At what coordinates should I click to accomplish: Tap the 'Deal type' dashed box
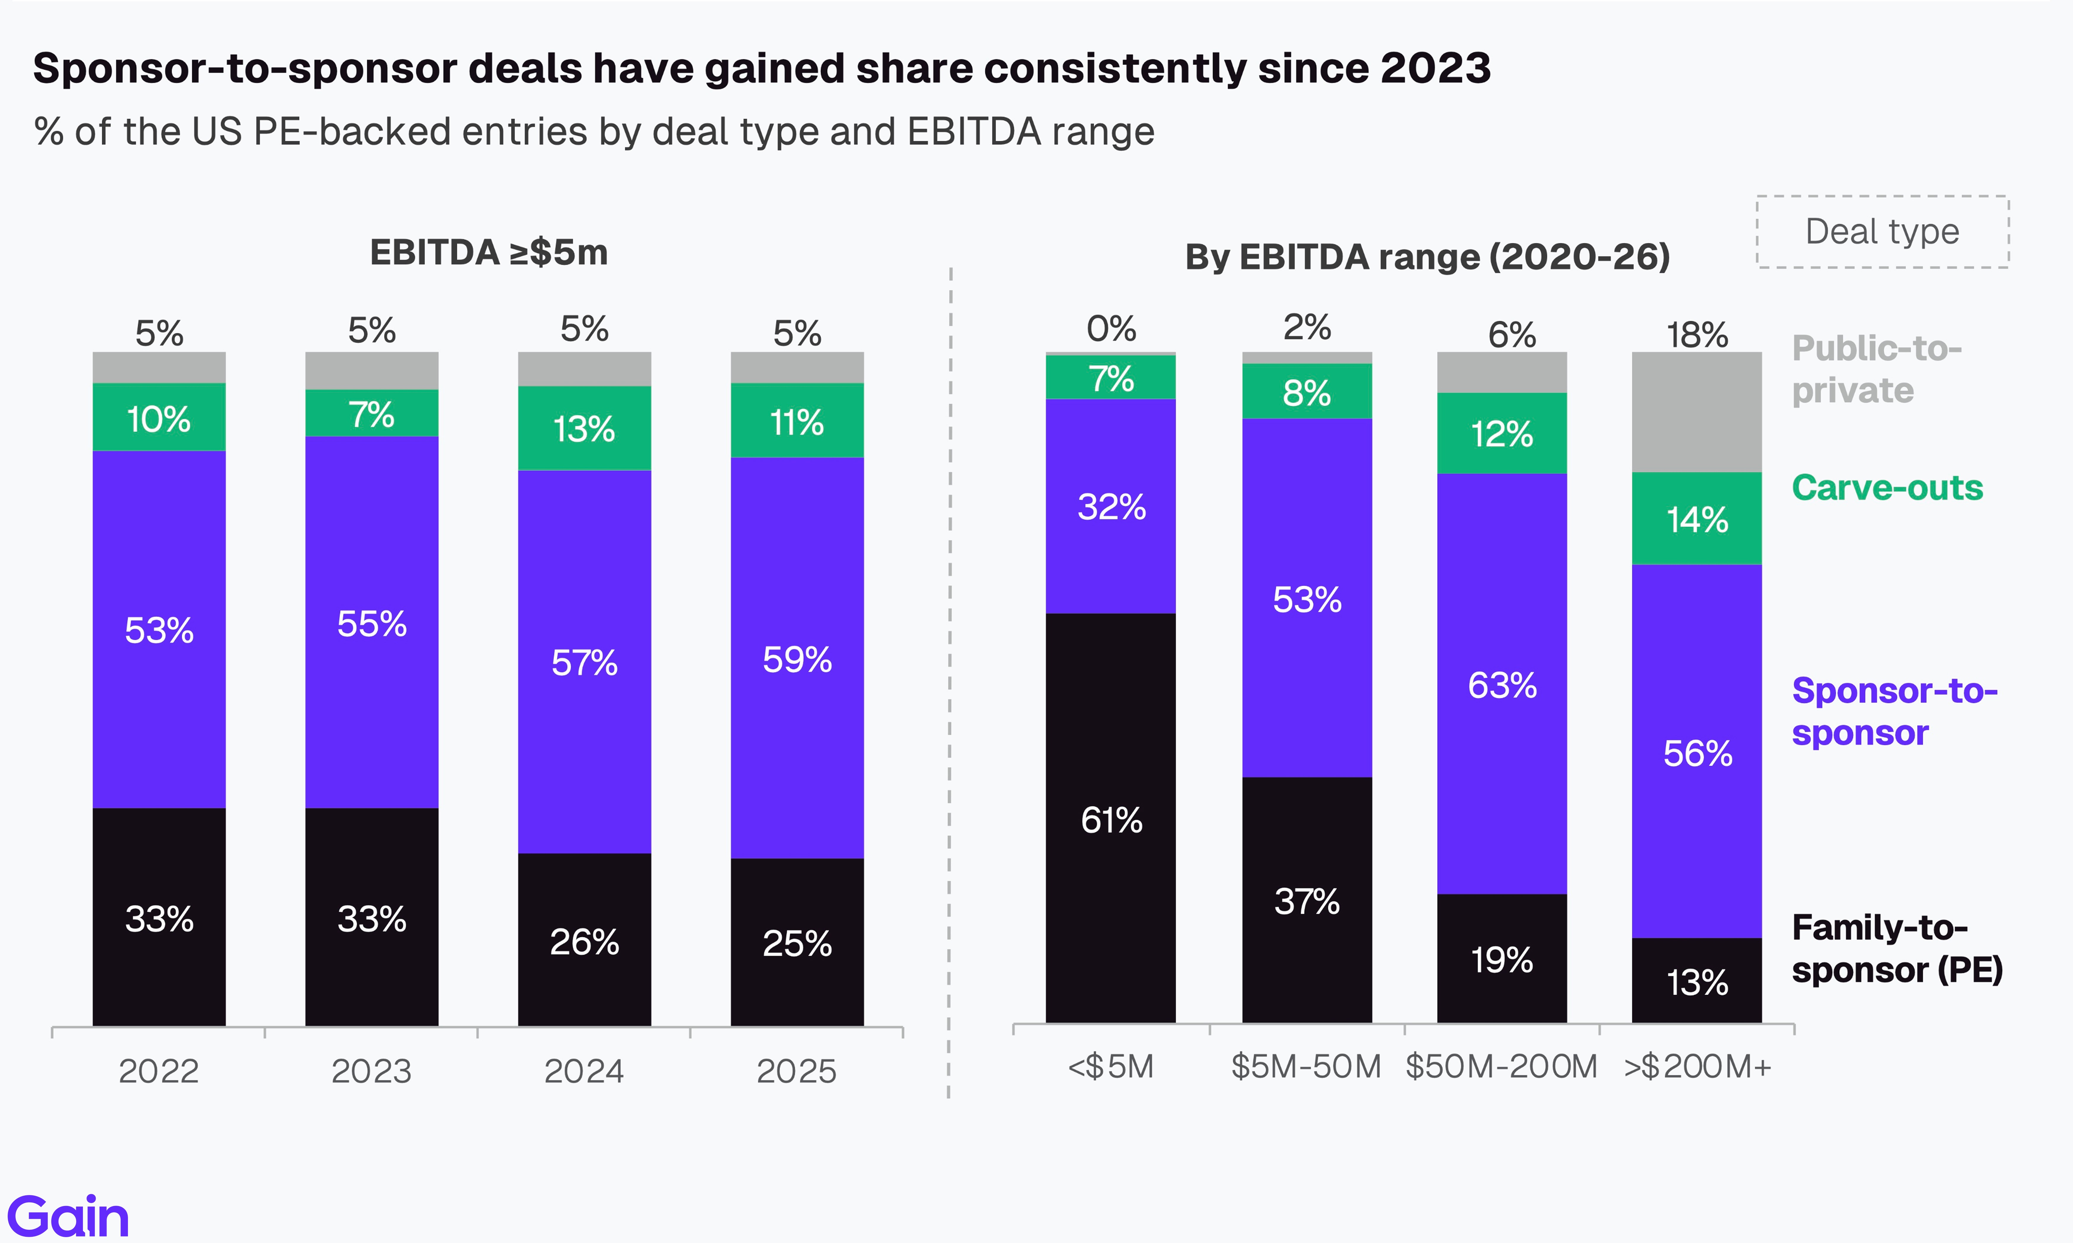point(1882,232)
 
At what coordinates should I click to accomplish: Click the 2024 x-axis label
point(584,1071)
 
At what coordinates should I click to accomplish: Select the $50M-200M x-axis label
point(1501,1067)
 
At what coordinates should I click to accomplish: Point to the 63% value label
point(1501,685)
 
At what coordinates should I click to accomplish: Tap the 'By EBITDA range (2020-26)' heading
point(1427,257)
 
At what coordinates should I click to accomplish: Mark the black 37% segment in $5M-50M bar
point(1306,900)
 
